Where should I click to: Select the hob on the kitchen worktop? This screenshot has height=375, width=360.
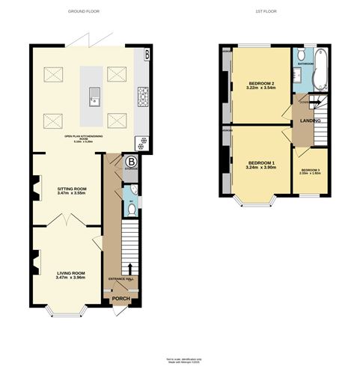[x=141, y=95]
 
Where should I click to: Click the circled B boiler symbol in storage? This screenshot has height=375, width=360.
[x=132, y=161]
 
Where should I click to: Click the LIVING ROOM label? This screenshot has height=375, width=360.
[x=71, y=274]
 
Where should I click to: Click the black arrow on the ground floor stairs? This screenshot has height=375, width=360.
[x=131, y=267]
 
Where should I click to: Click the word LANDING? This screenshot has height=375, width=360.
[x=311, y=121]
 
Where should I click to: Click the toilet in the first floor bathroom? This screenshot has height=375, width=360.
[x=300, y=55]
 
